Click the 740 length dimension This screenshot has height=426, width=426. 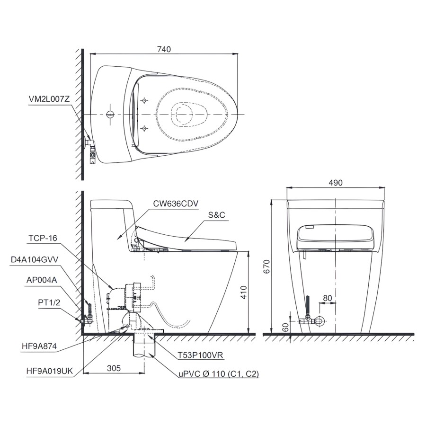[164, 49]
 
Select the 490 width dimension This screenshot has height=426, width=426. [336, 183]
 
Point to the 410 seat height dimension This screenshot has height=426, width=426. [244, 293]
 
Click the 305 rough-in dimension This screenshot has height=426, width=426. [114, 368]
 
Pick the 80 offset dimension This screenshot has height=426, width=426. [328, 298]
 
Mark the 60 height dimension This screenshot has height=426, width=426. [285, 328]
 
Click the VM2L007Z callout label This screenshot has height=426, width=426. [49, 99]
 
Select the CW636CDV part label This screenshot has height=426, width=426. [176, 204]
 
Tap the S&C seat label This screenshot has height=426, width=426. [216, 215]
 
